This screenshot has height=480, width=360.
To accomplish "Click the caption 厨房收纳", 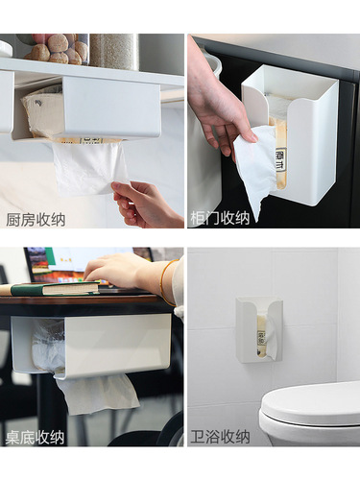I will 36,219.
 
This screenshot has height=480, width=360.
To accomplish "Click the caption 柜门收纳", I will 220,218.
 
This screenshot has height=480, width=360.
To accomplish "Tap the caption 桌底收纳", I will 36,438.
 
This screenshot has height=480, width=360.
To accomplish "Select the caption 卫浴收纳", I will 220,438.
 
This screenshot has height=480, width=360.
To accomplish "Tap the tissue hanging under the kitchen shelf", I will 90,168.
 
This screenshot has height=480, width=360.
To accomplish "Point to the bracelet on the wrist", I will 165,283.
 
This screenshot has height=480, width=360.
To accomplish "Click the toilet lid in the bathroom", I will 312,403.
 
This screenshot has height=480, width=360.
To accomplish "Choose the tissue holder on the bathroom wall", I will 259,330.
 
